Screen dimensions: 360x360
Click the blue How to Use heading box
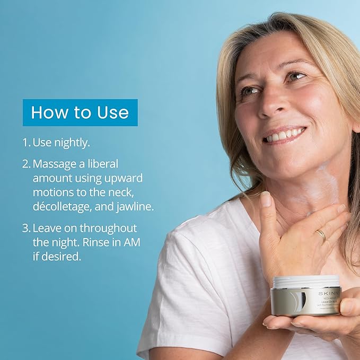[x=80, y=112]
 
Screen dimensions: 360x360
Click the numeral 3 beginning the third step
[x=25, y=228]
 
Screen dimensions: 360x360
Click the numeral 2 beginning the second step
[x=25, y=164]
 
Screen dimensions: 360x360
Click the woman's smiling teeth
[x=284, y=136]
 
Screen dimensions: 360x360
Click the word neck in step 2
[x=137, y=192]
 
